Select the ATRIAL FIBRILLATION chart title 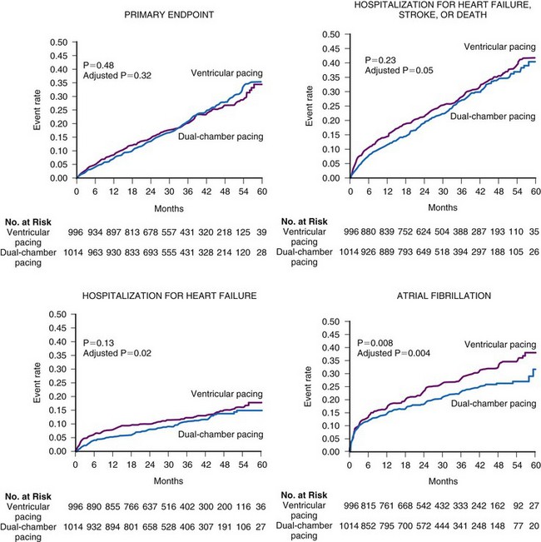434,296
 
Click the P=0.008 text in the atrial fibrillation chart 375,343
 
